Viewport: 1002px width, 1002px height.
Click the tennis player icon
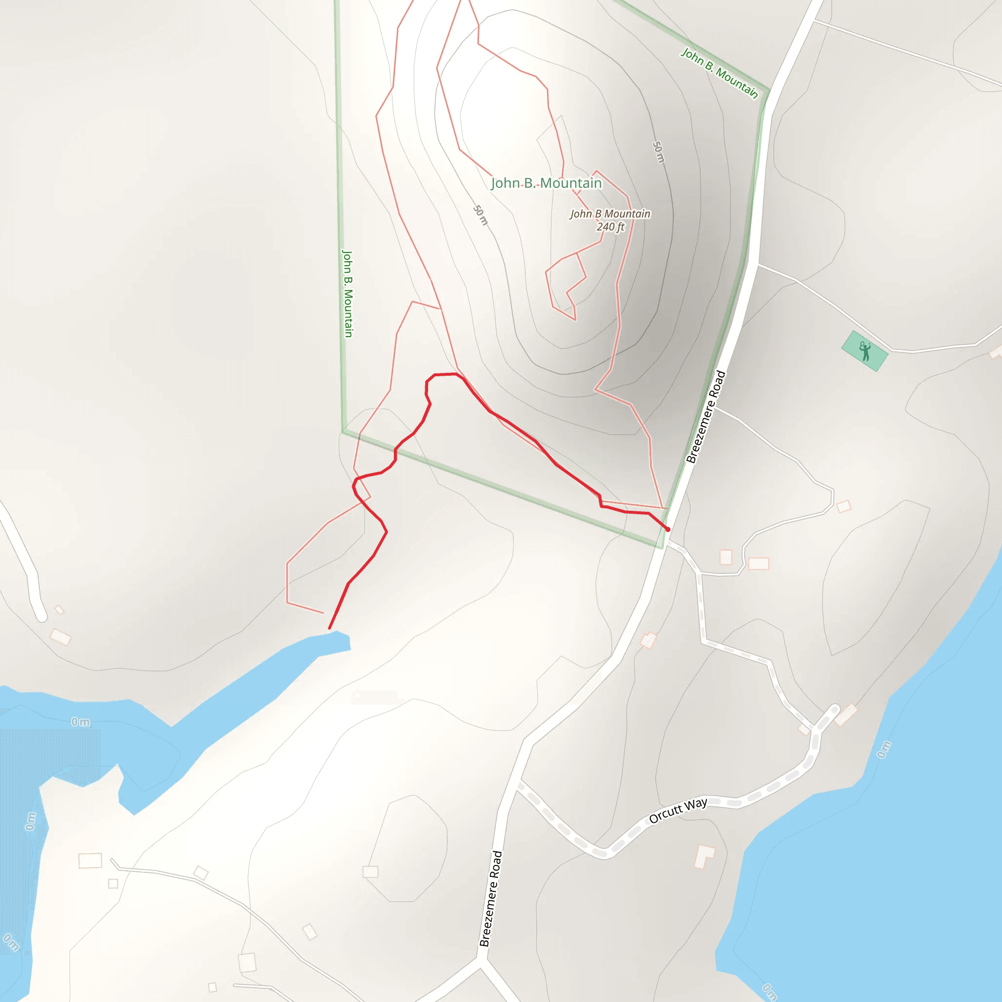pos(865,351)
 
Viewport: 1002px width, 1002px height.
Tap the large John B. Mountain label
pos(546,183)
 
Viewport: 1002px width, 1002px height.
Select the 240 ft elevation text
pos(611,227)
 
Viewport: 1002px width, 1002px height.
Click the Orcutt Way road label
pos(678,811)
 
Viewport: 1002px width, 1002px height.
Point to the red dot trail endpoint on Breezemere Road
pos(668,529)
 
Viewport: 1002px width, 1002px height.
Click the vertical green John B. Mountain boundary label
pos(347,294)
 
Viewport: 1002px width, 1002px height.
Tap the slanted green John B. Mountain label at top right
pos(719,73)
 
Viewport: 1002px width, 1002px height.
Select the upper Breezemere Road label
pos(706,416)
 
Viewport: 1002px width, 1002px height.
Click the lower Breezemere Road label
pos(490,899)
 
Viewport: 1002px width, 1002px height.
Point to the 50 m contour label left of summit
pos(481,215)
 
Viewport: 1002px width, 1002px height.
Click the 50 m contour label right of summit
pos(658,152)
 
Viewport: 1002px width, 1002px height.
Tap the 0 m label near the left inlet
pos(80,722)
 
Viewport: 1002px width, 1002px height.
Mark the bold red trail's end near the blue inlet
pos(329,629)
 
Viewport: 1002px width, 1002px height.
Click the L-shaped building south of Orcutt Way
pos(704,856)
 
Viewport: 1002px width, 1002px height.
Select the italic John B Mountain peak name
pos(610,214)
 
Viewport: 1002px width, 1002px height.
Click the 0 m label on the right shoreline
pos(884,750)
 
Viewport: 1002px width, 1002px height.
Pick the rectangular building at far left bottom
pos(90,861)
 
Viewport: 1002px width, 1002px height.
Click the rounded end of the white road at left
pos(41,616)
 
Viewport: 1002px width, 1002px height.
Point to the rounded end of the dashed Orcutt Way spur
pos(835,709)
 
